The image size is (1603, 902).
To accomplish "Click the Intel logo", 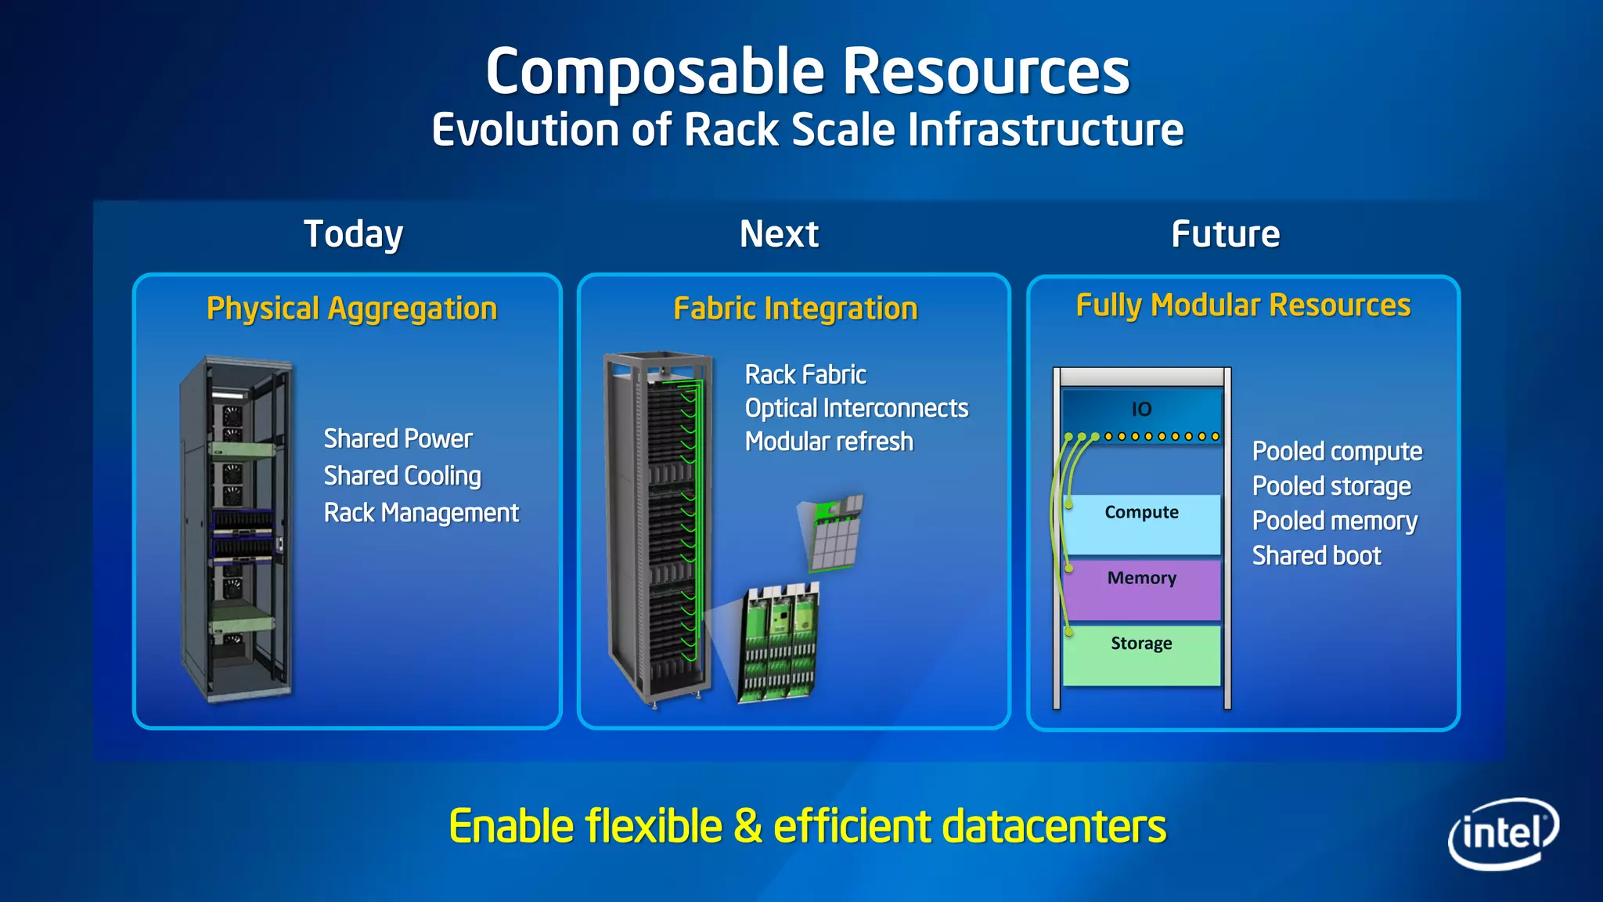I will point(1503,832).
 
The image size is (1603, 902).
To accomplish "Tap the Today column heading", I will point(353,234).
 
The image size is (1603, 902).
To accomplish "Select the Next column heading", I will point(779,234).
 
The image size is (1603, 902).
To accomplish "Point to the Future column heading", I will point(1225,234).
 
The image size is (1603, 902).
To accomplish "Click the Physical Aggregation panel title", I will point(351,308).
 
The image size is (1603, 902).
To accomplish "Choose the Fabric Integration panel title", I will point(795,308).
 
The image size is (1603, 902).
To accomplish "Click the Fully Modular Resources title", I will point(1243,305).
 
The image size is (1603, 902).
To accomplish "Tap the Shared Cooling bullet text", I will point(402,476).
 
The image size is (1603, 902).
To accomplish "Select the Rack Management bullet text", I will point(421,513).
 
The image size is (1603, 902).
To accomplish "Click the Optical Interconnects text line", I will point(856,408).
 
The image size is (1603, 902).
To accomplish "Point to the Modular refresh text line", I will point(829,442).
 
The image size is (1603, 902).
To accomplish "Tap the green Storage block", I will point(1141,655).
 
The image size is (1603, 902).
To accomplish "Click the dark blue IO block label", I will point(1141,409).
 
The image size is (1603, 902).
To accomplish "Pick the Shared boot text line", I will point(1317,556).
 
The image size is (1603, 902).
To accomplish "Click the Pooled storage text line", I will point(1331,486).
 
